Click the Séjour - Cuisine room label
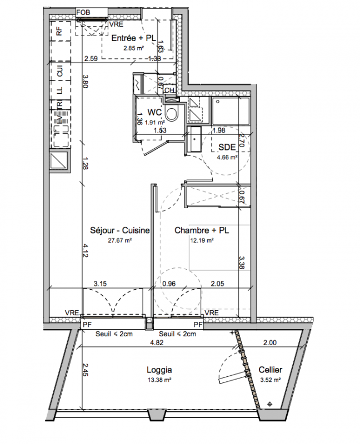[x=119, y=230]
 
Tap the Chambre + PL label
[x=202, y=230]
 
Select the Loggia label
[x=159, y=370]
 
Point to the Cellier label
[x=271, y=370]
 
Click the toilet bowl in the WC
[x=172, y=114]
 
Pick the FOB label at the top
[x=83, y=12]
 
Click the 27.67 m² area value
[x=120, y=240]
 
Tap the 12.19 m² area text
[x=202, y=240]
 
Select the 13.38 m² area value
[x=159, y=380]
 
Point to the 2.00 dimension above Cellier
[x=270, y=342]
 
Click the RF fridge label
[x=59, y=31]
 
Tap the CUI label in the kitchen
[x=60, y=71]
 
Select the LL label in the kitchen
[x=59, y=90]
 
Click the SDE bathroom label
[x=227, y=147]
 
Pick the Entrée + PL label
[x=133, y=38]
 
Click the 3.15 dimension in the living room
[x=101, y=284]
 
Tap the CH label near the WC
[x=169, y=90]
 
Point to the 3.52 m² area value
[x=271, y=380]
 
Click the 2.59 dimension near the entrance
[x=91, y=59]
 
